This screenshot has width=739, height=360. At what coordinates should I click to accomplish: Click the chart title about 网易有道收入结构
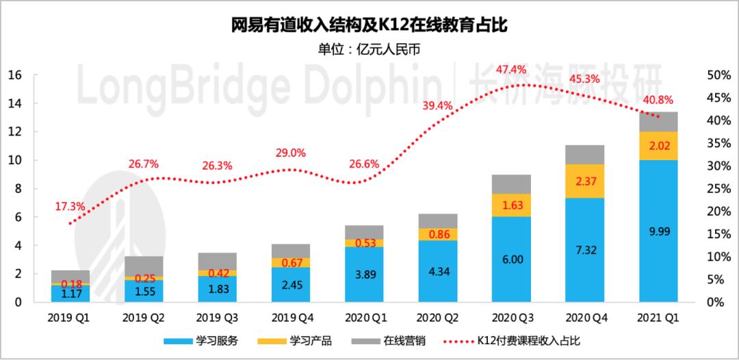(369, 25)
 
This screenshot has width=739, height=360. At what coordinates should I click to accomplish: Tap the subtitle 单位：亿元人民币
(369, 49)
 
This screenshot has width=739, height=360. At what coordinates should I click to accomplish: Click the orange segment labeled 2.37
(584, 181)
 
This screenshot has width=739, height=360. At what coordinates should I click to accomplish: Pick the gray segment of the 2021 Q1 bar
(658, 121)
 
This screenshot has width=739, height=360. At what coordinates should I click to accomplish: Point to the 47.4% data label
(511, 69)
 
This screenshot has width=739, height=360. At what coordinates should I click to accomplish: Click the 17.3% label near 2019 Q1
(70, 205)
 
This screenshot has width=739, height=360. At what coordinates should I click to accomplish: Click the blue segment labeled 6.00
(511, 259)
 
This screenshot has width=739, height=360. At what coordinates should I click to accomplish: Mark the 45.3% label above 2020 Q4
(584, 79)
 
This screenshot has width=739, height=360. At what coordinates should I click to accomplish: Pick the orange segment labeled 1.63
(511, 205)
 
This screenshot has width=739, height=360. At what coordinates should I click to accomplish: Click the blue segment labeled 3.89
(364, 274)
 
